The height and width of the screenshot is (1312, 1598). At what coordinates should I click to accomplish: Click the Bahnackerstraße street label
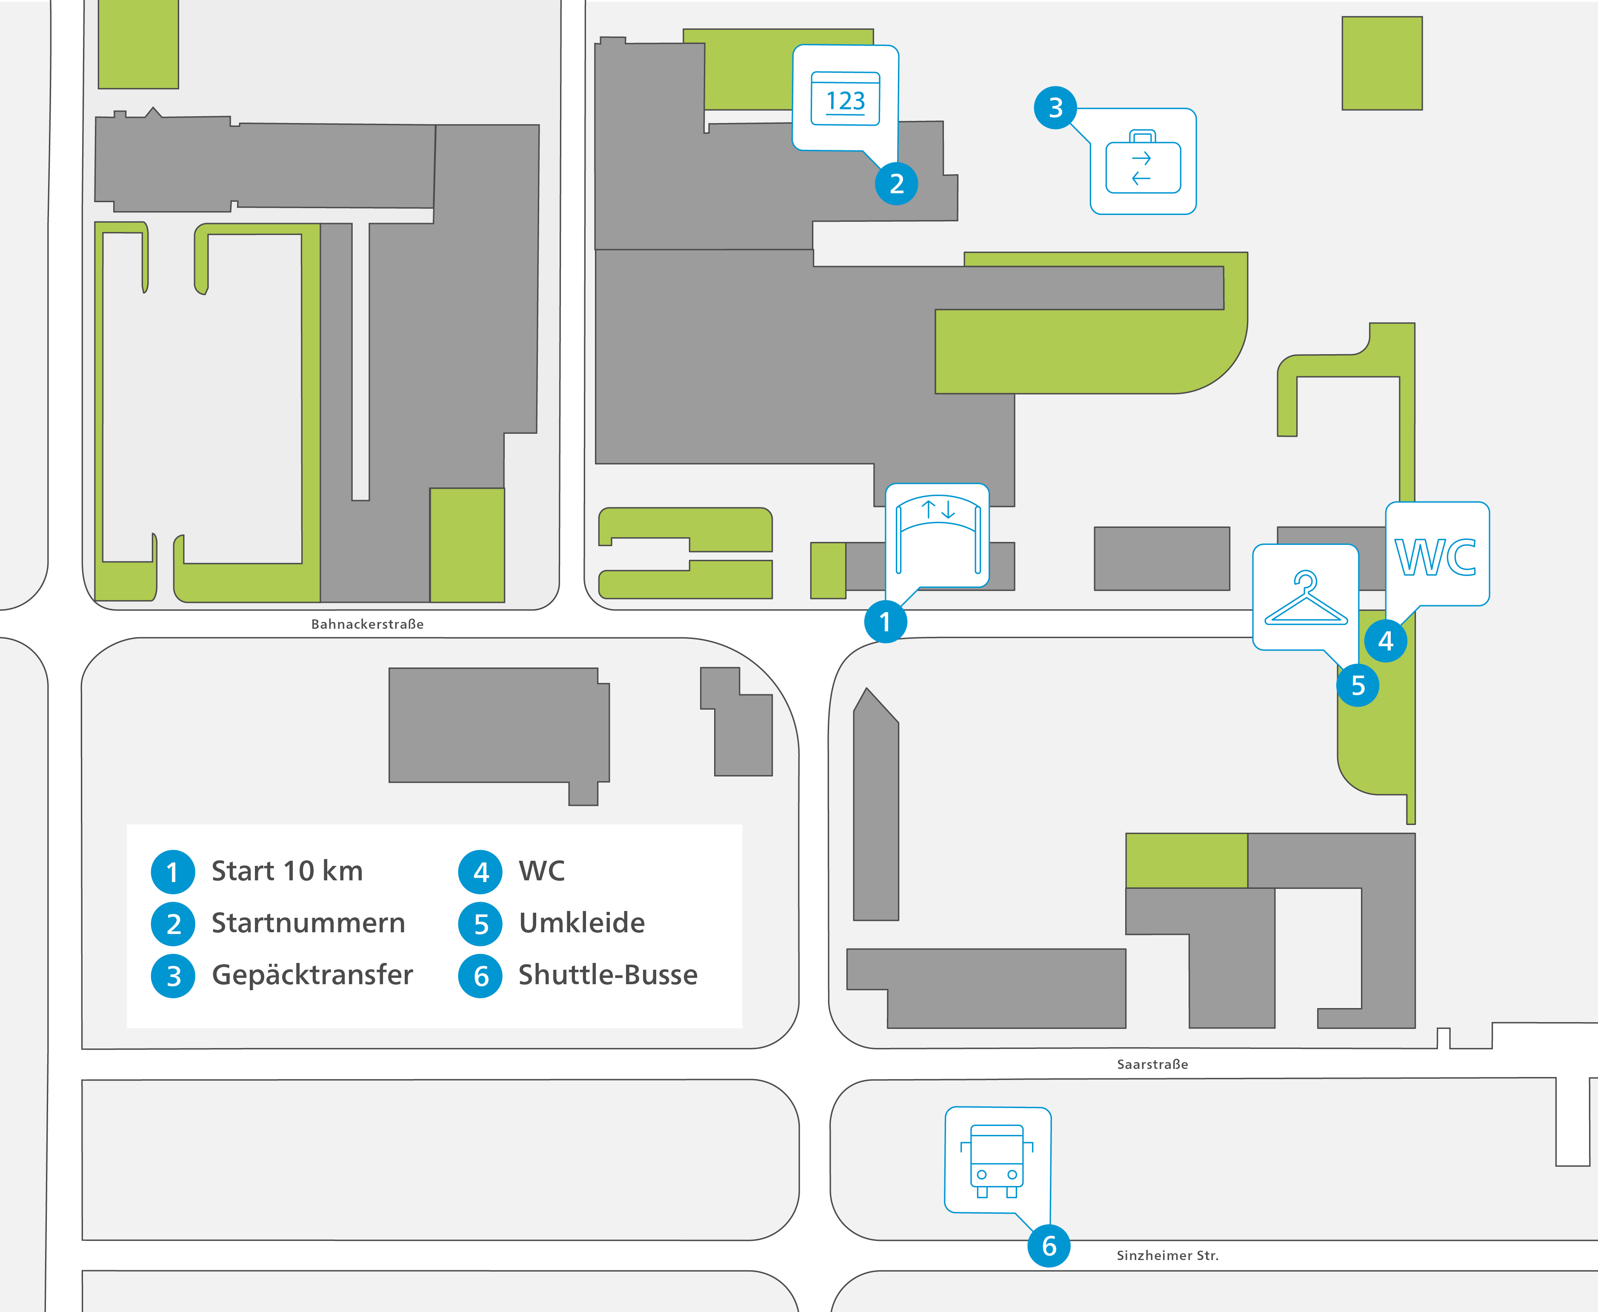367,624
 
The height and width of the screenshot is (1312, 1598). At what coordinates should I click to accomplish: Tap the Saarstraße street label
1152,1064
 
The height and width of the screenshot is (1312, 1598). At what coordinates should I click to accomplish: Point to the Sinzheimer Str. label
1167,1255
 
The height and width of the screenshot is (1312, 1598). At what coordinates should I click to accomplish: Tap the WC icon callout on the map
1436,556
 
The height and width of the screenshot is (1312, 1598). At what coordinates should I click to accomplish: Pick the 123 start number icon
846,98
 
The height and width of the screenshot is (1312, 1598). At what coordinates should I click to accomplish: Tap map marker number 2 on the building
897,183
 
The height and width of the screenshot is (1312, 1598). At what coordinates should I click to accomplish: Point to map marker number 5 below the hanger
1358,685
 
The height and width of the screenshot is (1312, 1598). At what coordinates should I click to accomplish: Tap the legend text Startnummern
308,923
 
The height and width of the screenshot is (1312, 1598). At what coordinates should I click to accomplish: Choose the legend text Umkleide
582,923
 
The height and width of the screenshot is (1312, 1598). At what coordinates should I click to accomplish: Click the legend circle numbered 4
480,872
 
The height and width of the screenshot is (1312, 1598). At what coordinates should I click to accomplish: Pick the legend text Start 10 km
287,871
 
